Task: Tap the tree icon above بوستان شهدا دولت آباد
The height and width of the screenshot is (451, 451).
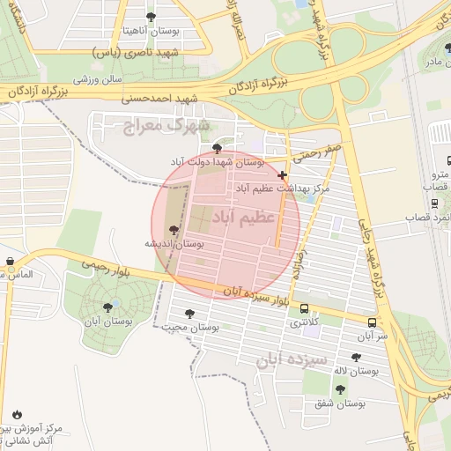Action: (217, 147)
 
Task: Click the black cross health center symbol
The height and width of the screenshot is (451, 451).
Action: (281, 175)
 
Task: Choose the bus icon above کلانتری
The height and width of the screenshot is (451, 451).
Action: (304, 308)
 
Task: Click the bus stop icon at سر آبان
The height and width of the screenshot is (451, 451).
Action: (374, 322)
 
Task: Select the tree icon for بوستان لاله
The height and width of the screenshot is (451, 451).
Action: (355, 358)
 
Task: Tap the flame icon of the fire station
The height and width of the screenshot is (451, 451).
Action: (18, 414)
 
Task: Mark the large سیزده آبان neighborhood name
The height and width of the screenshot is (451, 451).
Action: (292, 361)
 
